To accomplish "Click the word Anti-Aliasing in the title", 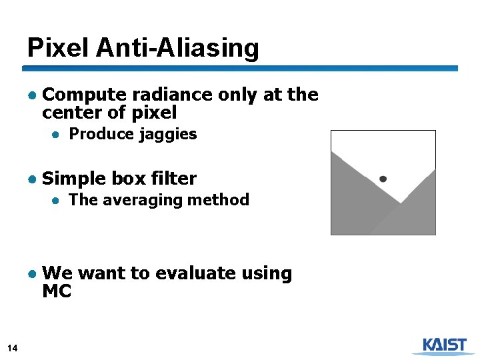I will click(x=177, y=47).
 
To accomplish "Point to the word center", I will click(x=74, y=112).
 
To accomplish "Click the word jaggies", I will click(x=168, y=135).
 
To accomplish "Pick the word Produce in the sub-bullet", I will click(x=101, y=134).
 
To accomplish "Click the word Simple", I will click(x=73, y=179).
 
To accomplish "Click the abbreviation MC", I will click(x=56, y=291).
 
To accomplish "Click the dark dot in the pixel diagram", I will click(x=383, y=179).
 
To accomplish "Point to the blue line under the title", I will click(x=240, y=68).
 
